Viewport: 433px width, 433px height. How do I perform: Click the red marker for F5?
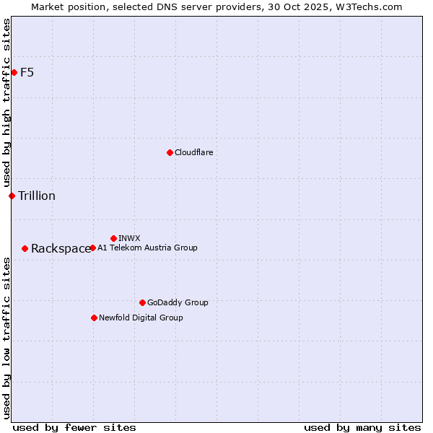(14, 72)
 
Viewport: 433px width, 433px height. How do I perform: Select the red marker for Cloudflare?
(170, 152)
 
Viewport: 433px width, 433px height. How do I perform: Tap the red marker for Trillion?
(12, 196)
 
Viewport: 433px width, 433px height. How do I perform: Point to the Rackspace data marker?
(25, 248)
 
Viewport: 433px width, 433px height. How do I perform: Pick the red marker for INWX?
(113, 238)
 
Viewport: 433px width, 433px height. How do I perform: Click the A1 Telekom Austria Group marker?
(92, 248)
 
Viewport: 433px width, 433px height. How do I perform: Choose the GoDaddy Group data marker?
(142, 302)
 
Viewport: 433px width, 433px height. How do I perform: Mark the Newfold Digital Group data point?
(94, 318)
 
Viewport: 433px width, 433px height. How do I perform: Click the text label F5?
(27, 72)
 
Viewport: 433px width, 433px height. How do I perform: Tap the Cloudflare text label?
(193, 152)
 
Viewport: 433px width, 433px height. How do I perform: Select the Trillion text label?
(37, 196)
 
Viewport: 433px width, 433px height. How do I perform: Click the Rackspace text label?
(61, 249)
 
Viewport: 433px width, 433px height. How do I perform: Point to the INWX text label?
(129, 238)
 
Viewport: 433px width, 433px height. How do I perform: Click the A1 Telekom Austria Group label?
(147, 248)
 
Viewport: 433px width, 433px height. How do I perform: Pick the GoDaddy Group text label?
(178, 302)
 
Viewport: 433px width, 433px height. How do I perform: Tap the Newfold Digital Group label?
(141, 318)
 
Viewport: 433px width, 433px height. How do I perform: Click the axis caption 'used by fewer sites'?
(74, 427)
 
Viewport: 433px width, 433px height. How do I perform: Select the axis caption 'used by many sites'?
(362, 427)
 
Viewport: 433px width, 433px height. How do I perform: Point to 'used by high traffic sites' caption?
(6, 103)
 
